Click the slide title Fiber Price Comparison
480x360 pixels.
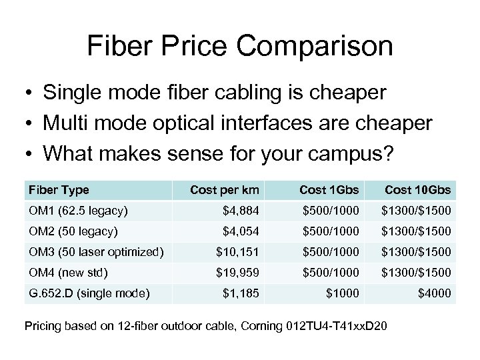tap(240, 47)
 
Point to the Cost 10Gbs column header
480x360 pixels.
tap(419, 190)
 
